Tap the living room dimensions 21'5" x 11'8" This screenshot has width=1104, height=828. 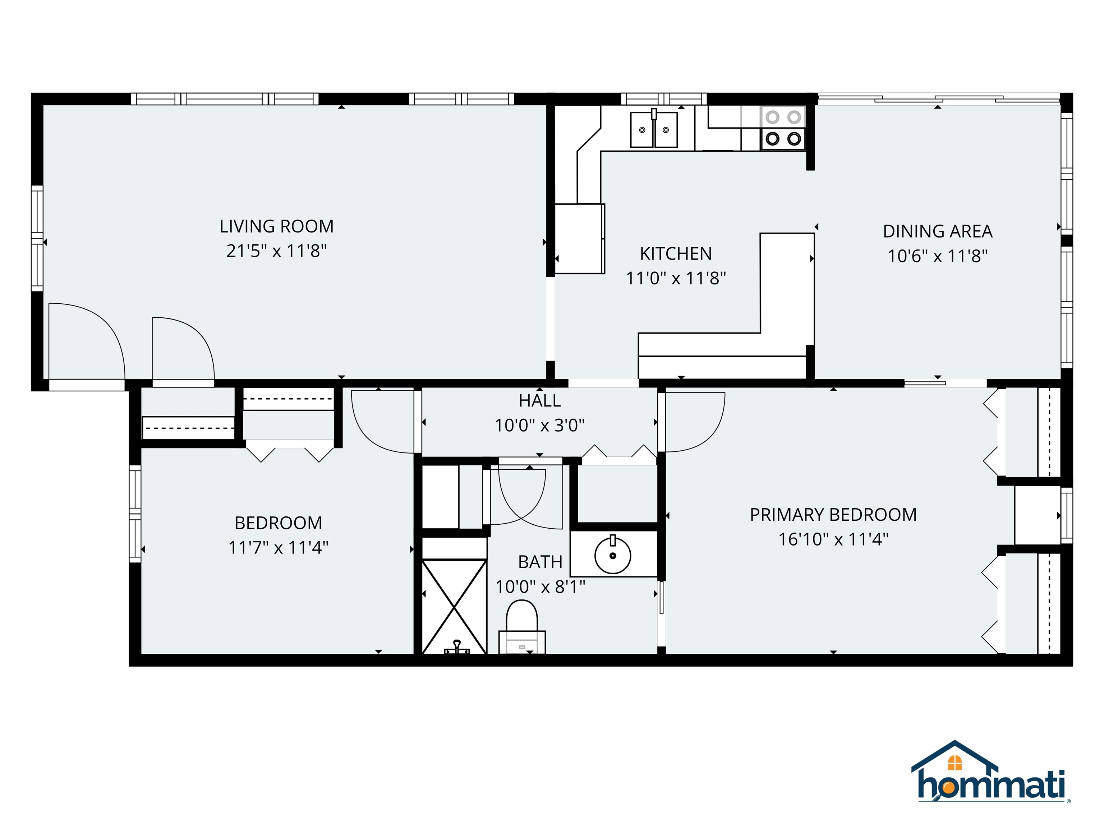point(276,251)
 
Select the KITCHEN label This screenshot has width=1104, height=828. point(676,254)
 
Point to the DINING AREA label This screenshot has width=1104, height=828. point(937,231)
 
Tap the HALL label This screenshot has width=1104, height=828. point(539,401)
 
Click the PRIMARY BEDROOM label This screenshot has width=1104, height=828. point(833,515)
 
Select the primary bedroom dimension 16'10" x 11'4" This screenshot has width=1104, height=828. point(833,539)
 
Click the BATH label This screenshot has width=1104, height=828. point(540,562)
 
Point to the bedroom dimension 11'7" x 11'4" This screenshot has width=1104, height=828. point(278,548)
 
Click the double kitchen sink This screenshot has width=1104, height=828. point(654,130)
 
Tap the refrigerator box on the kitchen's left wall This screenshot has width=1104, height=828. point(579,239)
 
